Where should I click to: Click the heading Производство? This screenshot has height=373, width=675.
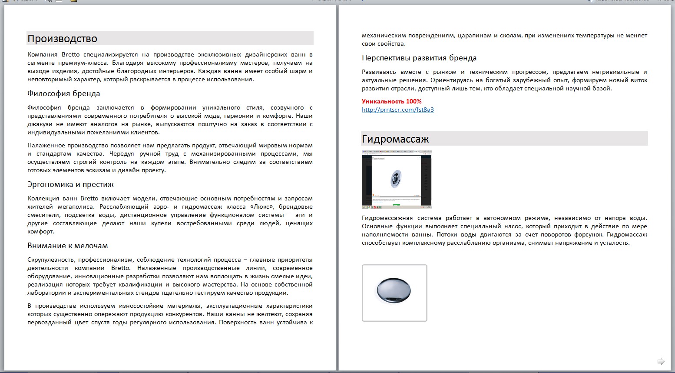coord(62,39)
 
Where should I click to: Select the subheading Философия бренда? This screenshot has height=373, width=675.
coord(63,93)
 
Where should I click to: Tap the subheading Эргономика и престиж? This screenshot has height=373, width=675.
coord(70,184)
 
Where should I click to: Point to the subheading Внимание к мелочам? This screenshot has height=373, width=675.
coord(67,246)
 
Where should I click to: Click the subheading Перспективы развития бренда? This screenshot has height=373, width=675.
coord(419,58)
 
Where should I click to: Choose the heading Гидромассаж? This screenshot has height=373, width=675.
coord(395,139)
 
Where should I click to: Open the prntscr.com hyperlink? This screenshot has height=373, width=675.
coord(397,110)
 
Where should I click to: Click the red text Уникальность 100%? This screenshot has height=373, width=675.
coord(391,101)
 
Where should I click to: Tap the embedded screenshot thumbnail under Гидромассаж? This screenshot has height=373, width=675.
coord(396,179)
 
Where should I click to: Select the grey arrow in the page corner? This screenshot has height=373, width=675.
coord(661,361)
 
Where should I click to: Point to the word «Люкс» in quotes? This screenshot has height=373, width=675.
coord(261,207)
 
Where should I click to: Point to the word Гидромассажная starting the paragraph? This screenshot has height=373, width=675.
coord(386,218)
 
